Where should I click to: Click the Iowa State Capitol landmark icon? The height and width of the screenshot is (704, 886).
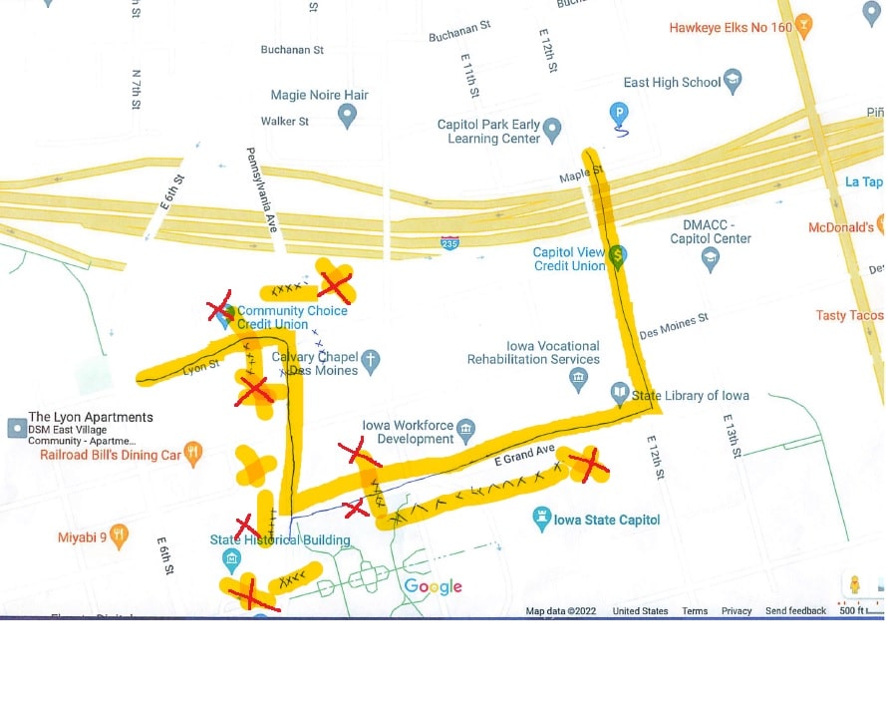(x=542, y=518)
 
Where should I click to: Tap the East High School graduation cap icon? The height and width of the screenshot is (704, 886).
(x=733, y=82)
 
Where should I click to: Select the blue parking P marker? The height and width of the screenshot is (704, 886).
(x=619, y=113)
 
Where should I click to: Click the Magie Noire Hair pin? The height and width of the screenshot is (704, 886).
(x=347, y=116)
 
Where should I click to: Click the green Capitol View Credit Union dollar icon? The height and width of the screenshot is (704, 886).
(x=618, y=256)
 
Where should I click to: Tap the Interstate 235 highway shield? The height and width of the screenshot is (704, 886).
(x=450, y=242)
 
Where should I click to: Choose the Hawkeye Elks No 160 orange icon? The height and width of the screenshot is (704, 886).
(x=804, y=25)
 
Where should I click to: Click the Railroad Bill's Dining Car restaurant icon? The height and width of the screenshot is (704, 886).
(x=193, y=454)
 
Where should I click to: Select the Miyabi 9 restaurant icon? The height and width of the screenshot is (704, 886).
(x=120, y=536)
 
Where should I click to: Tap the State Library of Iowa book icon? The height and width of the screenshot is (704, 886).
(x=620, y=395)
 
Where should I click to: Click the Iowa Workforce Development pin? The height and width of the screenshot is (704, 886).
(x=465, y=432)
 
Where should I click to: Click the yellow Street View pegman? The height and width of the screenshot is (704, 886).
(x=854, y=584)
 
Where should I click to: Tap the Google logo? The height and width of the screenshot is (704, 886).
(x=433, y=587)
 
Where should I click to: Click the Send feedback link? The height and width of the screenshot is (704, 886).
(x=795, y=610)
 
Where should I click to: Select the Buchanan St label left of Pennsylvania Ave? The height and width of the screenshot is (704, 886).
(x=292, y=50)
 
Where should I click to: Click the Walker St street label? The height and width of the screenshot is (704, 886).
(x=285, y=121)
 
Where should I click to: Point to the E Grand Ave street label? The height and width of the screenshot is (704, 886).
(x=525, y=456)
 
